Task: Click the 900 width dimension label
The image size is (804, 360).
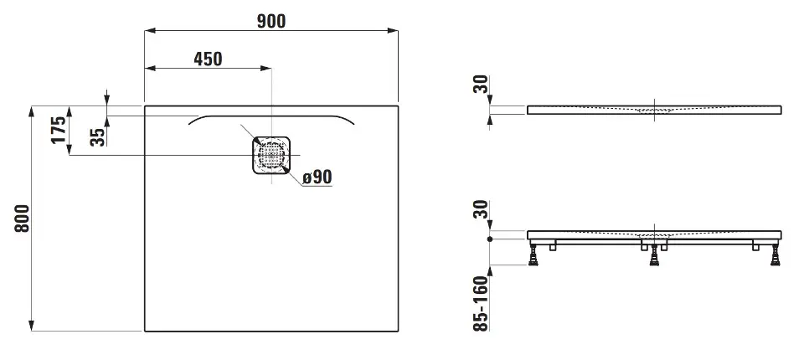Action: tap(271, 21)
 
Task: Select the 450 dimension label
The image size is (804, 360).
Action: tap(209, 59)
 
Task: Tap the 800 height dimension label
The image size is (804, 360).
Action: tap(22, 219)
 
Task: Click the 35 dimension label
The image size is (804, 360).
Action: tap(97, 136)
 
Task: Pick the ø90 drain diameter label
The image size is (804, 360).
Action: tap(317, 177)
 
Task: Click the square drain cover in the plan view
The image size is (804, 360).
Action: tap(271, 155)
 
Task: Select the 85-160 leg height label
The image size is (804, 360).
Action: tap(481, 304)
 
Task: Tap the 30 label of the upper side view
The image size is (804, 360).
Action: tap(481, 85)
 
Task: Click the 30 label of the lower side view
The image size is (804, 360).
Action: tap(481, 210)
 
